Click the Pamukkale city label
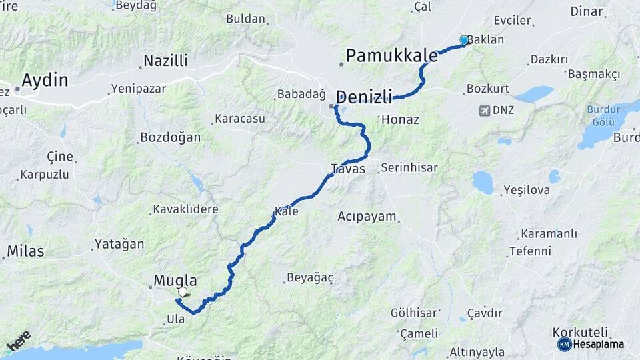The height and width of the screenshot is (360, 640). [x=391, y=55]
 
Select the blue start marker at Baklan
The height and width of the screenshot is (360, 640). [x=464, y=40]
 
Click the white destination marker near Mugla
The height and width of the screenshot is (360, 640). [x=183, y=291]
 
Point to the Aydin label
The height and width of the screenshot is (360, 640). [x=45, y=81]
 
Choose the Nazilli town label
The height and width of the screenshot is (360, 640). [x=166, y=61]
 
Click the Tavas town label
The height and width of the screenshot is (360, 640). [x=349, y=169]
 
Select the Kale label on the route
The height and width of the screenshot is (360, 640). [x=286, y=211]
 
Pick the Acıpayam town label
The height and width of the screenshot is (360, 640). [x=367, y=217]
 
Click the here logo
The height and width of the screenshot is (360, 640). [x=19, y=341]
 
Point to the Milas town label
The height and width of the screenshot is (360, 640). [x=25, y=251]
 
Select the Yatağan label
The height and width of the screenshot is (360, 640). [x=119, y=244]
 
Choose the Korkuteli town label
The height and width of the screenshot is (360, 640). [x=580, y=332]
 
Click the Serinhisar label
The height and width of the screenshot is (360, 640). [x=409, y=168]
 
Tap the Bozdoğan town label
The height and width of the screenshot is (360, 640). [x=170, y=138]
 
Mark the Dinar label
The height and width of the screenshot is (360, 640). [x=587, y=11]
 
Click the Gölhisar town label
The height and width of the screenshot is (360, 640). [x=414, y=313]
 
